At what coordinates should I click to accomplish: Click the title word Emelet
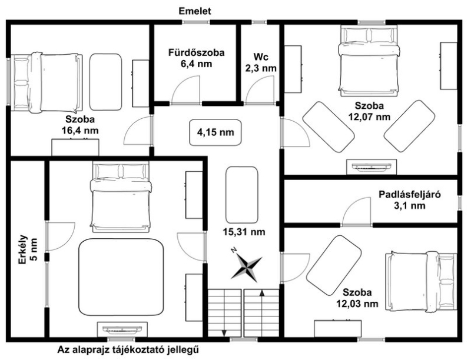[195, 11]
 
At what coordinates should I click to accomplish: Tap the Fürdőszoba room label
[196, 52]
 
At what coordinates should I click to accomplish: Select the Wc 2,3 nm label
[261, 62]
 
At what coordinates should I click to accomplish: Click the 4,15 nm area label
[215, 132]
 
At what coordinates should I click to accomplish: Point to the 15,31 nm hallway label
[244, 232]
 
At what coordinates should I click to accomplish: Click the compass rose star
[246, 267]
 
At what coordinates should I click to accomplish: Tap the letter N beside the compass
[234, 250]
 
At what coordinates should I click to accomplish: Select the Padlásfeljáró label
[409, 194]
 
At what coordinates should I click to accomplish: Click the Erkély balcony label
[23, 249]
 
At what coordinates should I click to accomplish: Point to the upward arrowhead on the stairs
[262, 293]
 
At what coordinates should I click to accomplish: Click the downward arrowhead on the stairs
[224, 334]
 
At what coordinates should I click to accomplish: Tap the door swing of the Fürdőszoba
[185, 90]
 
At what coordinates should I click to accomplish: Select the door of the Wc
[260, 90]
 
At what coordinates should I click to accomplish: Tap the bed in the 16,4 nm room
[47, 83]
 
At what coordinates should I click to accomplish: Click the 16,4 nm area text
[80, 131]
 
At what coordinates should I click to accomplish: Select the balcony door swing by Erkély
[61, 236]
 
